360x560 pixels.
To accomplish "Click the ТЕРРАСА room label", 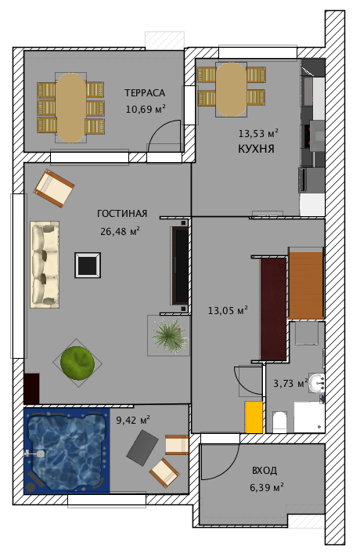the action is [x=145, y=93].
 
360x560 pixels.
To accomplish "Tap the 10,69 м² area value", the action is [x=146, y=109].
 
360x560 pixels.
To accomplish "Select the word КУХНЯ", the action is [x=256, y=149].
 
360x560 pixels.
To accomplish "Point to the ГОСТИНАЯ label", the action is [x=122, y=214].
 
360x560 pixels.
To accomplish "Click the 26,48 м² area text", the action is [x=120, y=231].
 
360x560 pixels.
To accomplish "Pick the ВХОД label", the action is [x=265, y=471].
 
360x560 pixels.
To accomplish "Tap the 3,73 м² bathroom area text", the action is [x=290, y=383].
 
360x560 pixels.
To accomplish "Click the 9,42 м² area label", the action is [x=133, y=420].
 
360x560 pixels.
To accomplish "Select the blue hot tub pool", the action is [x=67, y=452].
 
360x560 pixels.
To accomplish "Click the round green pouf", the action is [x=77, y=363].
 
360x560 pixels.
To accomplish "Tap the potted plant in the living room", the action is [x=169, y=335].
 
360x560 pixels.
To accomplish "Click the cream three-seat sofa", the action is [x=45, y=264].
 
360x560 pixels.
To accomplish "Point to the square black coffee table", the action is [x=88, y=265].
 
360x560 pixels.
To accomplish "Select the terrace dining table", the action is [x=71, y=108].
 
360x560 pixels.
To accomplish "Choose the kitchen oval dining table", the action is [x=231, y=89].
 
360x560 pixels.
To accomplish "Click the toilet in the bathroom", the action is [x=279, y=422].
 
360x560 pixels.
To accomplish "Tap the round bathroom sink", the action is [x=316, y=383].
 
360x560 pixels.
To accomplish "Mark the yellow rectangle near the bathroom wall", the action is [x=254, y=417].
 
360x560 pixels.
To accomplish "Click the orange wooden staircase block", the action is [x=306, y=285].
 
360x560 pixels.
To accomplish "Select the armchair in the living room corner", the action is [x=54, y=188].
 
